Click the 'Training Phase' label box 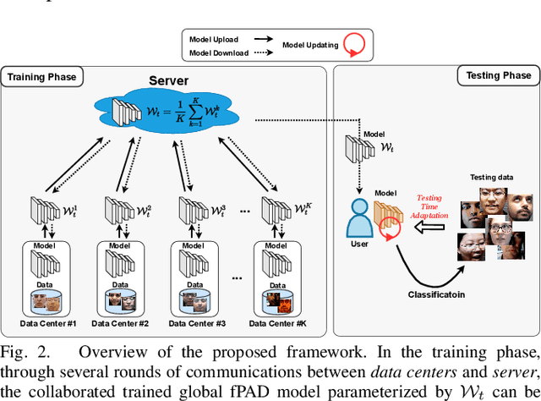[42, 77]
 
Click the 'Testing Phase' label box [499, 75]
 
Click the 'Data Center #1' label [48, 323]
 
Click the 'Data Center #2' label [121, 323]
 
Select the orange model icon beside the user [386, 217]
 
